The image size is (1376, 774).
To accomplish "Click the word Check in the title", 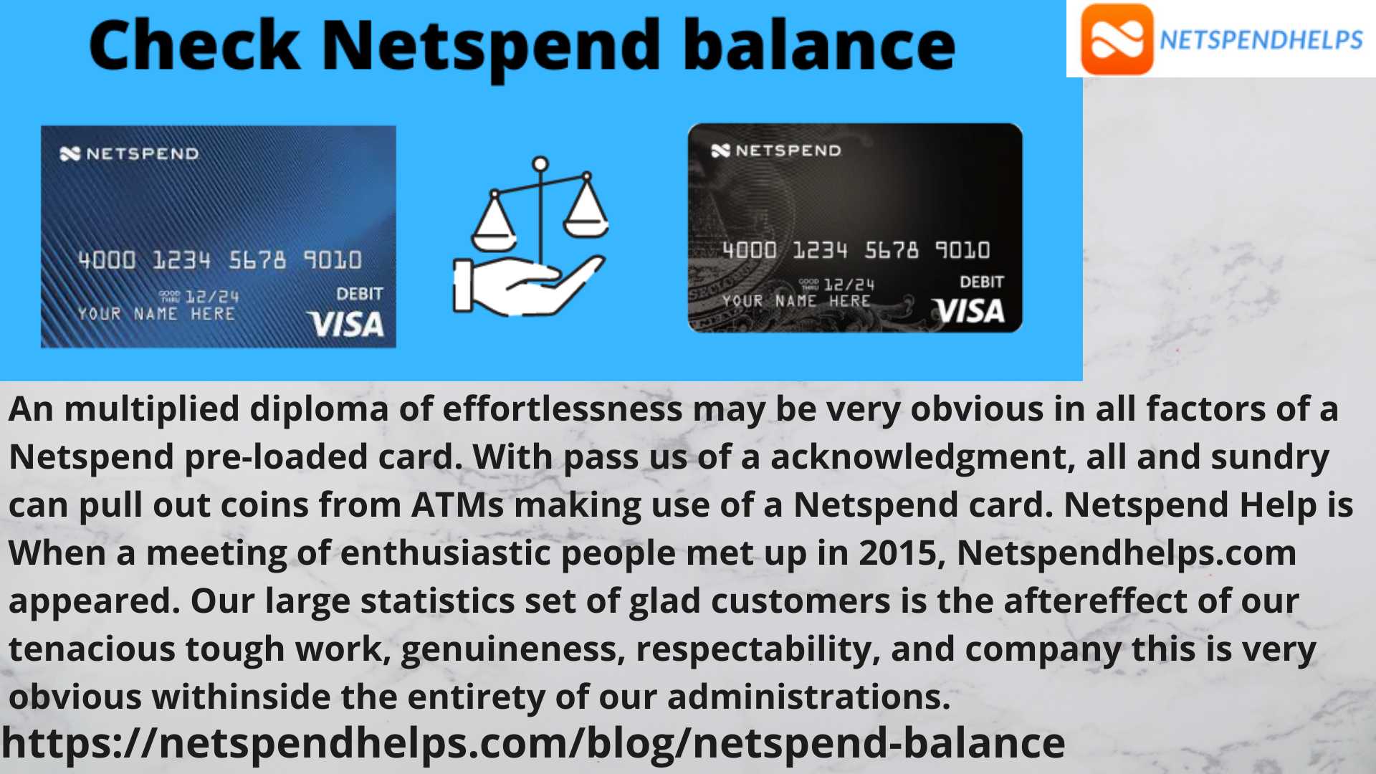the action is point(194,45).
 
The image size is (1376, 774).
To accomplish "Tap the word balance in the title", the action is point(819,45).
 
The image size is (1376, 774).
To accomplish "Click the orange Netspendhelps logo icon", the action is point(1117,39).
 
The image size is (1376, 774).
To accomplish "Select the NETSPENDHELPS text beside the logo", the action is point(1261,40).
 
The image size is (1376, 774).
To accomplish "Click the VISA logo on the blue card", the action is point(345,325).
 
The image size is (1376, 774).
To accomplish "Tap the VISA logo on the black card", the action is point(968,311).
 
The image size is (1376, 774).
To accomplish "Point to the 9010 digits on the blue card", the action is point(333,259).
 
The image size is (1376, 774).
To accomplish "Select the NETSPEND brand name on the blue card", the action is point(142,153).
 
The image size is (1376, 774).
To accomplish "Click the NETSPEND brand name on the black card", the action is point(788,150).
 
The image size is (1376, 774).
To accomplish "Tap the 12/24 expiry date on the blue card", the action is point(212,297).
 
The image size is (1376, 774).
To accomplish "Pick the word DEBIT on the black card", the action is point(982,282).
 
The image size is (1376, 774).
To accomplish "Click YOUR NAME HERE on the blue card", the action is point(156,314).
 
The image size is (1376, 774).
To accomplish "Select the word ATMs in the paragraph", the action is point(457,505).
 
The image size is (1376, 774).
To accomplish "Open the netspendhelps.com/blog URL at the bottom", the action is point(533,744).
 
